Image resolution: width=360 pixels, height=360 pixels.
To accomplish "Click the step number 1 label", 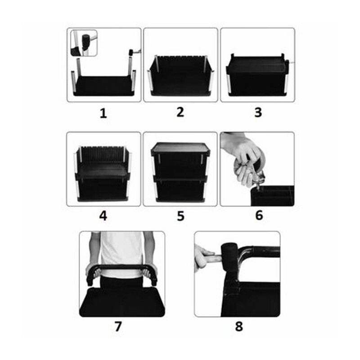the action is [x=103, y=113].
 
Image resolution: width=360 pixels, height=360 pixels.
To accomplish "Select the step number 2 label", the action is [x=180, y=112].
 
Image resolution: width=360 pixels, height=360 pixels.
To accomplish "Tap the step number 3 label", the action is [x=258, y=112].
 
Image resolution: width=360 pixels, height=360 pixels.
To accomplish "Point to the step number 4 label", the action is [x=103, y=216].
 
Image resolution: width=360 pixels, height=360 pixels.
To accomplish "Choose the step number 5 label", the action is [x=180, y=216].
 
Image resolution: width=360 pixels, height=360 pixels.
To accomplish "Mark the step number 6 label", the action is [x=259, y=216].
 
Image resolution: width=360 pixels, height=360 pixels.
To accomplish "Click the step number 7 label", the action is [x=118, y=326].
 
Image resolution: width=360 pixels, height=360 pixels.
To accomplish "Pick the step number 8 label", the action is [x=239, y=326].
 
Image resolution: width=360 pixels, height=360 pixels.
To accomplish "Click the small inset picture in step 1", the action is [x=84, y=43].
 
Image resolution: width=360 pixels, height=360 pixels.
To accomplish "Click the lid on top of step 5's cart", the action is [x=180, y=147].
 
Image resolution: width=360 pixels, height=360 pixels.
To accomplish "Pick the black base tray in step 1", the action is [x=104, y=86].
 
